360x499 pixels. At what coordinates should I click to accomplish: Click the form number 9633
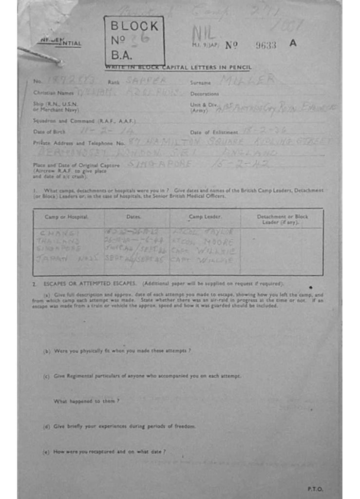click(x=266, y=45)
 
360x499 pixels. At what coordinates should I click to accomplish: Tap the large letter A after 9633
click(x=293, y=43)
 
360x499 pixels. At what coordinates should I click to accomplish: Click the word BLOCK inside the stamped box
click(x=134, y=26)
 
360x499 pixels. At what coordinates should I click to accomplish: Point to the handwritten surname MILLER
click(x=247, y=80)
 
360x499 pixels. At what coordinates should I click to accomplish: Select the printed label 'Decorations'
click(x=205, y=94)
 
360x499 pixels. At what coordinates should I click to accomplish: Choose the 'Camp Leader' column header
click(x=205, y=216)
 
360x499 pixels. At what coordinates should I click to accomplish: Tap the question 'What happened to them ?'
click(x=86, y=401)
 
